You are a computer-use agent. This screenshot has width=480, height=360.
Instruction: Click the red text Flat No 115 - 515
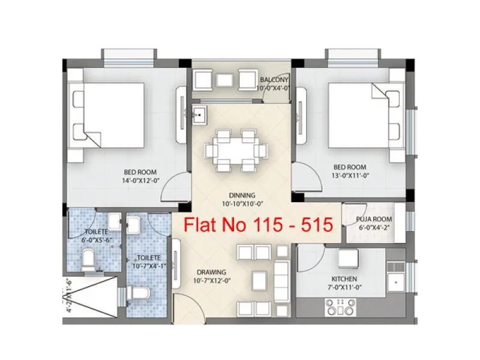(x=257, y=226)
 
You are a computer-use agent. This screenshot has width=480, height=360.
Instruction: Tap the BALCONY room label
(x=274, y=80)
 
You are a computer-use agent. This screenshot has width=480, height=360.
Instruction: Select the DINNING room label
(x=242, y=195)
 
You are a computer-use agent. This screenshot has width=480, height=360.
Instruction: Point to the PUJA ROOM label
(x=374, y=220)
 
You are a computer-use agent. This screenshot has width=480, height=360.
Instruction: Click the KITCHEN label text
(x=344, y=279)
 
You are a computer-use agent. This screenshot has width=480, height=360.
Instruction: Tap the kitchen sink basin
(x=397, y=281)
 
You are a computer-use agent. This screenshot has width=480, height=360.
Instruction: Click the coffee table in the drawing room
(x=259, y=280)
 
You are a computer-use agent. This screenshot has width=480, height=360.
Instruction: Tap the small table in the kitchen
(x=347, y=259)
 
